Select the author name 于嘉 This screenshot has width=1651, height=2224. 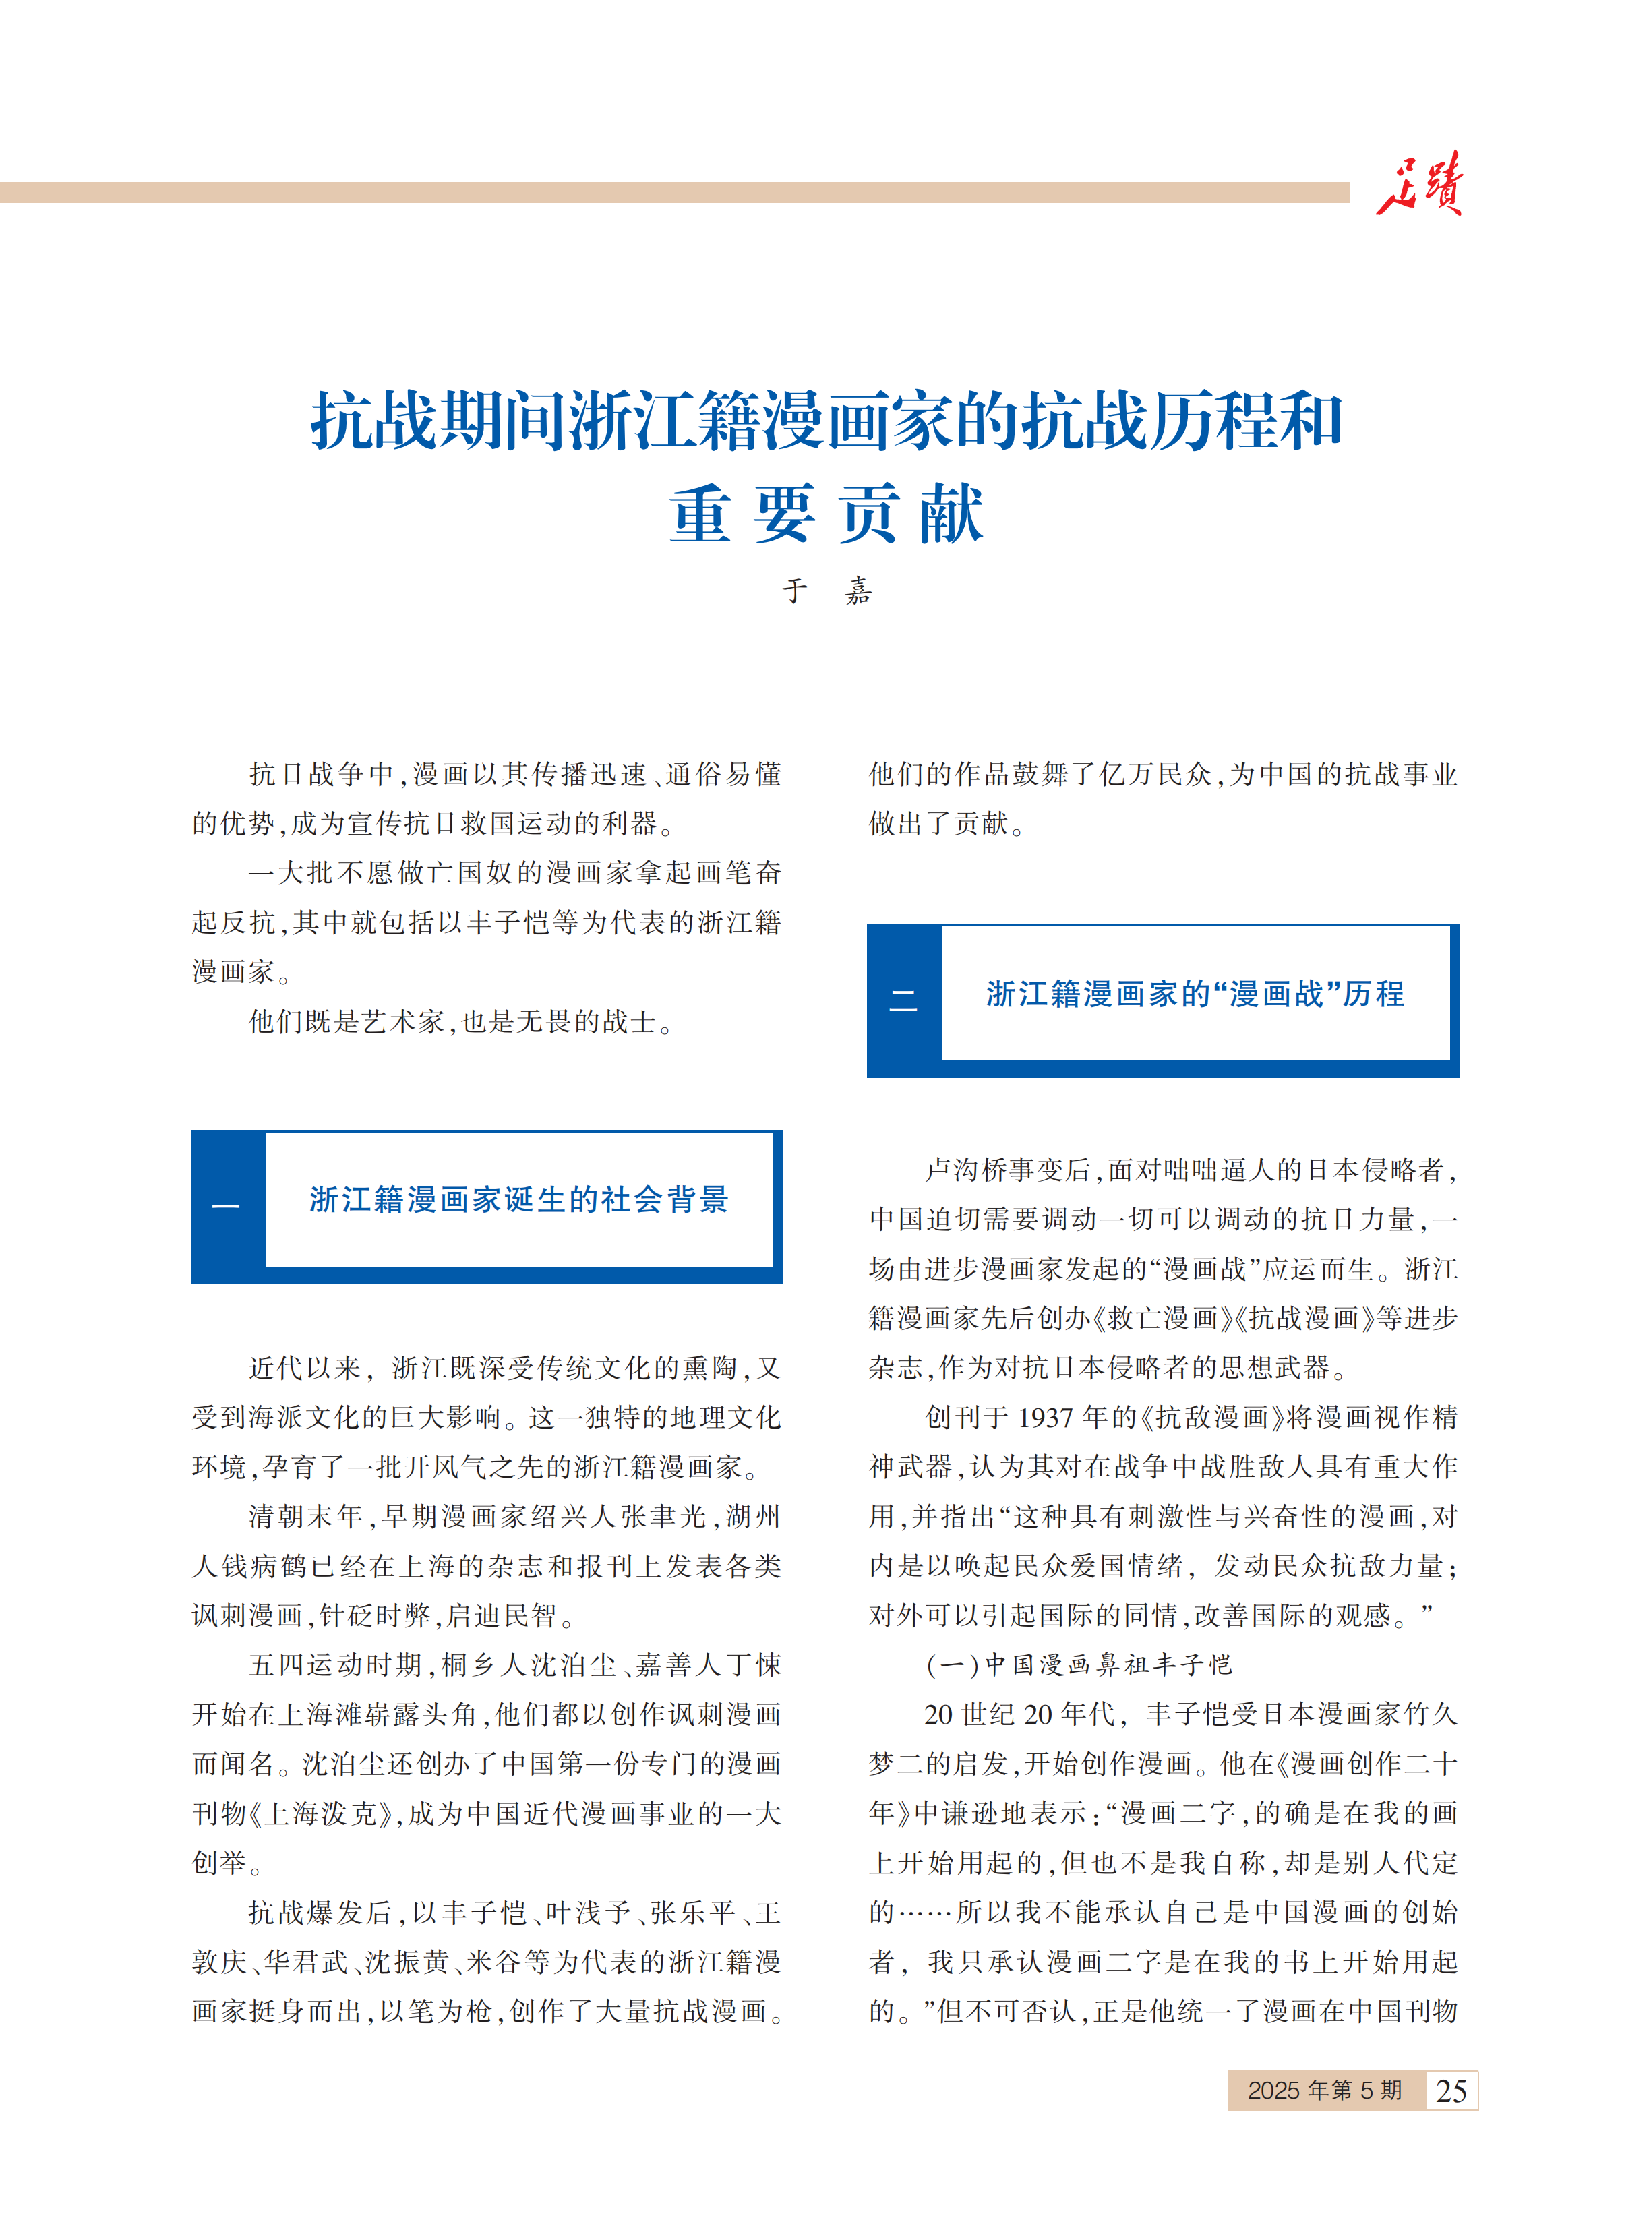[x=827, y=591]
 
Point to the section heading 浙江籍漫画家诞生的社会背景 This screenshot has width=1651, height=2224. [x=518, y=1200]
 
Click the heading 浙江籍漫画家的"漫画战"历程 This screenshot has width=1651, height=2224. [x=1195, y=994]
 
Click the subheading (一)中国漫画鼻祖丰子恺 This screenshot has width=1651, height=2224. [x=1079, y=1664]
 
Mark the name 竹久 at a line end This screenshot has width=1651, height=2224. [x=1430, y=1714]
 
